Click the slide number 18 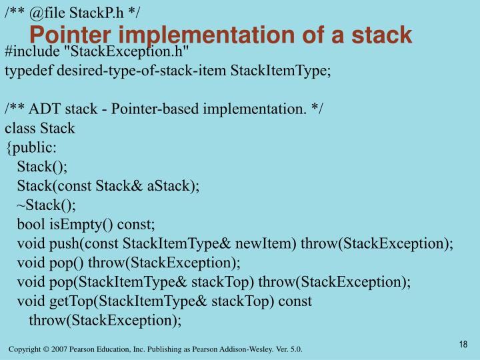tap(463, 344)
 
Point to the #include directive tap(30, 52)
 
